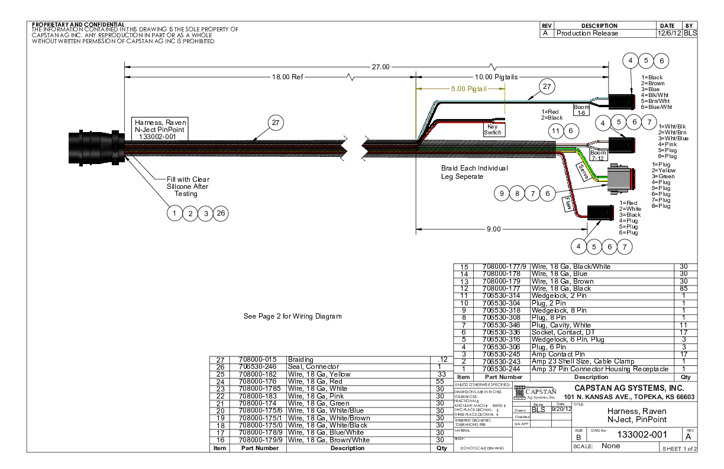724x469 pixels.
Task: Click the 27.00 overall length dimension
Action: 380,67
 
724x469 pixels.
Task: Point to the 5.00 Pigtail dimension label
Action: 468,89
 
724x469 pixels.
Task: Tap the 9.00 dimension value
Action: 494,229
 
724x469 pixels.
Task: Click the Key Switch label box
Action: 493,129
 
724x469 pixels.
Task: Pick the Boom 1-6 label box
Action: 581,110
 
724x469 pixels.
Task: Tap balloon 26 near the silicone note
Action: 221,213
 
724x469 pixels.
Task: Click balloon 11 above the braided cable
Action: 555,130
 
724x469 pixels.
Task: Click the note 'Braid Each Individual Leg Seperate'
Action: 474,172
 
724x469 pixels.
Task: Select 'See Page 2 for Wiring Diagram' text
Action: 293,316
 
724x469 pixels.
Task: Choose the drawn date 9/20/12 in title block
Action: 560,409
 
